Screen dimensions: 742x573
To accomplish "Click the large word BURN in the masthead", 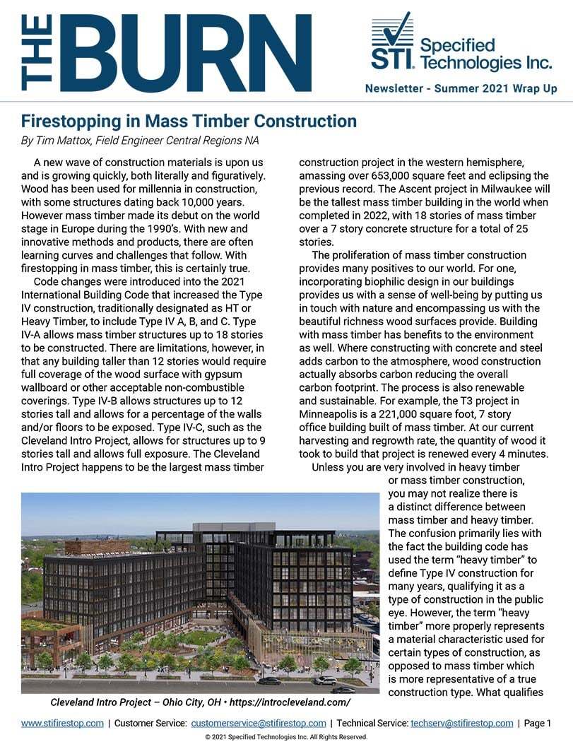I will click(x=191, y=54).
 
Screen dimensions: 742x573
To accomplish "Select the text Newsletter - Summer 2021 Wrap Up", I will click(x=461, y=89).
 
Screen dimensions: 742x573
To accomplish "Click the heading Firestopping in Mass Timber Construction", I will click(x=189, y=121).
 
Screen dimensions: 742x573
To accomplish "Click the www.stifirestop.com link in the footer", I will click(x=62, y=723).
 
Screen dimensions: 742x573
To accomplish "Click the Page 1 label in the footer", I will click(x=538, y=723).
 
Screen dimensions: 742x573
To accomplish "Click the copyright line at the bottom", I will click(x=286, y=736).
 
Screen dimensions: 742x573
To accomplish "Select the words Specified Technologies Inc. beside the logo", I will click(x=485, y=54).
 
